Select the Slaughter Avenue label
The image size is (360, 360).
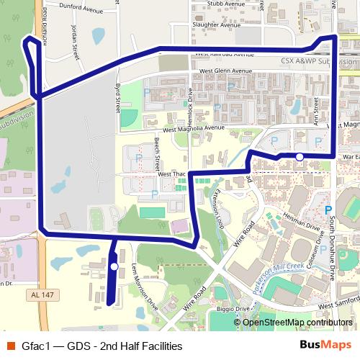point(216,24)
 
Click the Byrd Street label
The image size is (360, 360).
point(117,97)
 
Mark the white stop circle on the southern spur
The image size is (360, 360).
point(114,267)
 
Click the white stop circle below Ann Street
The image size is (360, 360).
point(300,156)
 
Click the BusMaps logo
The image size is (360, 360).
point(325,346)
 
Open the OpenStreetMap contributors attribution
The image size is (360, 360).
point(297,322)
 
